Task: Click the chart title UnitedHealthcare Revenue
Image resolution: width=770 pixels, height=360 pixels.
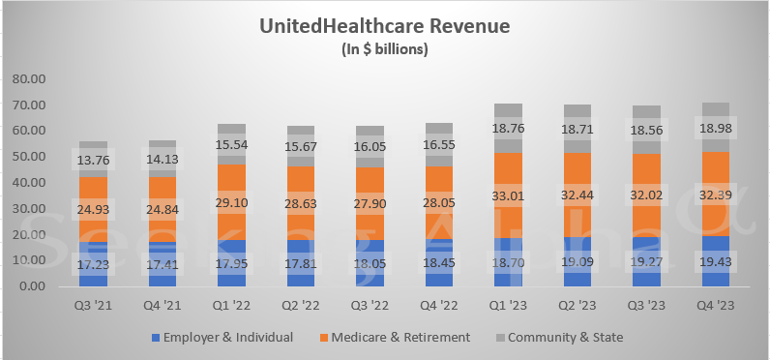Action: [385, 27]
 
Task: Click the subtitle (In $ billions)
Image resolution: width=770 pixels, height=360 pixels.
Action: [385, 48]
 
